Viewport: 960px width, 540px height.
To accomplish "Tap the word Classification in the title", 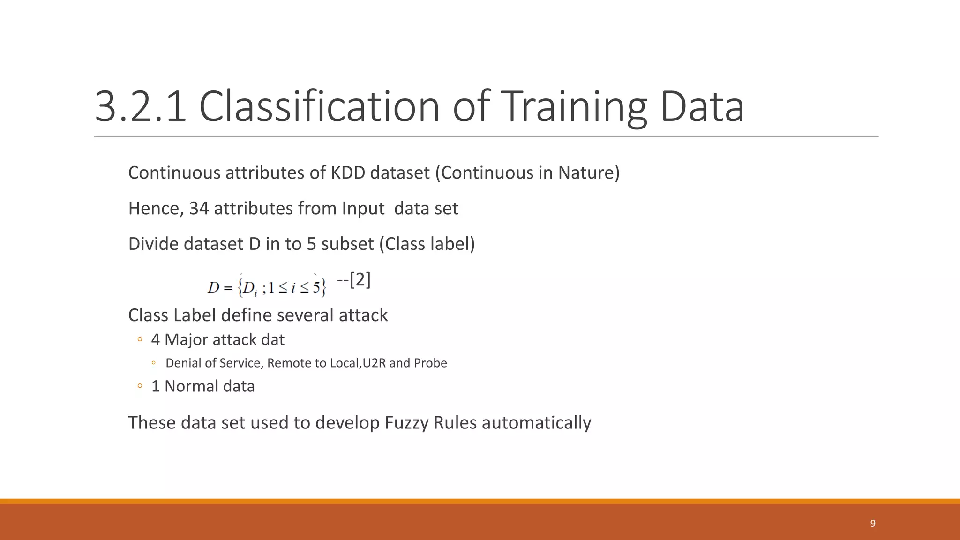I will [x=319, y=107].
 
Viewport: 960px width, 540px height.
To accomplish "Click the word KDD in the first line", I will [x=348, y=173].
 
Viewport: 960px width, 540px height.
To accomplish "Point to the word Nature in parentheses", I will [x=586, y=173].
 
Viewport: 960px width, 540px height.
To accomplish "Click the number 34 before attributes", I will [x=199, y=209].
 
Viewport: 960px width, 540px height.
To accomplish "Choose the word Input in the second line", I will [x=363, y=209].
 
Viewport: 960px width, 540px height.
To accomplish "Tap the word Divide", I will [x=153, y=244].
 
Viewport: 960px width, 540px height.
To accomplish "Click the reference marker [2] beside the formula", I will [x=360, y=280].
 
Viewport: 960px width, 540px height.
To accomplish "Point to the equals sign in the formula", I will [x=228, y=287].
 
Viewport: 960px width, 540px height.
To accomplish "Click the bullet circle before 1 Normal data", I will [x=140, y=386].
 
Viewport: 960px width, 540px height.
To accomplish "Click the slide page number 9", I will [x=873, y=524].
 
